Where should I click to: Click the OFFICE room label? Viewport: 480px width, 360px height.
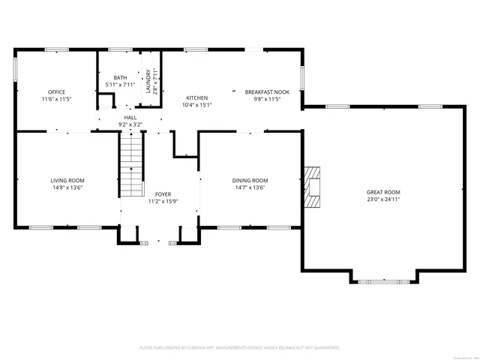tap(57, 92)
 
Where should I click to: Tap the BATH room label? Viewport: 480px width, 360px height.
tap(120, 77)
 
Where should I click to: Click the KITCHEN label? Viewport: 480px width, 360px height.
tap(197, 98)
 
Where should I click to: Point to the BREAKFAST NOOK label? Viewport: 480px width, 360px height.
tap(266, 92)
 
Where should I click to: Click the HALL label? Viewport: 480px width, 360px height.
tap(130, 118)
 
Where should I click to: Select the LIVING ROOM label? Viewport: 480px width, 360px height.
tap(67, 181)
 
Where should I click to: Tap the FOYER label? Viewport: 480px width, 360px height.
tap(163, 194)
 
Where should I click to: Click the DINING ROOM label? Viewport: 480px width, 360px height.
tap(250, 181)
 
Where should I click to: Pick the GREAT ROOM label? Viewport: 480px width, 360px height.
tap(383, 193)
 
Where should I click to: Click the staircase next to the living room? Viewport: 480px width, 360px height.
tap(131, 163)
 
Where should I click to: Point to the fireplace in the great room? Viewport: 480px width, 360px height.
tap(313, 187)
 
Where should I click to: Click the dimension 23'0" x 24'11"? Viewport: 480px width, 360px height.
tap(383, 199)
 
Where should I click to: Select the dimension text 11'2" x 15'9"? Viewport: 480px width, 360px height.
tap(163, 201)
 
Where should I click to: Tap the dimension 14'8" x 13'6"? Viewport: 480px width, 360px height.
tap(67, 187)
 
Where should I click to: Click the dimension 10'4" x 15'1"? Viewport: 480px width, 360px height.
tap(197, 105)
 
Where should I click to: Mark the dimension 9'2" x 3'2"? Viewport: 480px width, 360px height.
tap(130, 124)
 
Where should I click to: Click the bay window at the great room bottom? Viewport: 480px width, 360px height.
tap(383, 281)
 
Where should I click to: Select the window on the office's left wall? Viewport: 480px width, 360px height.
tap(15, 69)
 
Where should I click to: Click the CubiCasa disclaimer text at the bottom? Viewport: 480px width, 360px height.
tap(240, 348)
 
